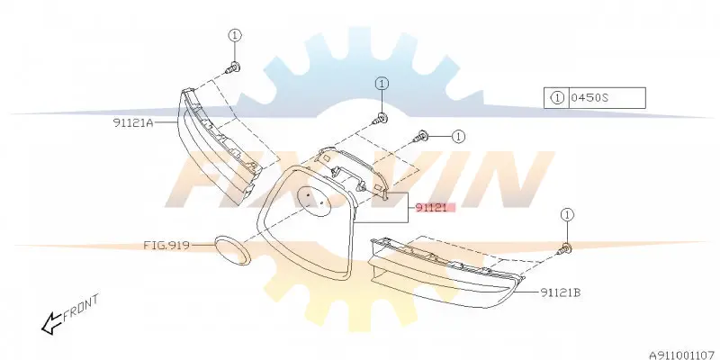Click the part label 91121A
133,122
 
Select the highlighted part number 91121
431,208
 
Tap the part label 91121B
560,292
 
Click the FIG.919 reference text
166,245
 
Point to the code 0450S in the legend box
589,98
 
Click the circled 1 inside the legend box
556,98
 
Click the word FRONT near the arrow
81,307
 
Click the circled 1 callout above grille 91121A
235,35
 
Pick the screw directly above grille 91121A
234,67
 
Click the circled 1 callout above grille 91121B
568,214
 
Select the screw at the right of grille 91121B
565,249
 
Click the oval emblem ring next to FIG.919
233,250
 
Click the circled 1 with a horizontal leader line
458,137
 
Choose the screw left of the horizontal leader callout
421,136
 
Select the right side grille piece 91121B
446,272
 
